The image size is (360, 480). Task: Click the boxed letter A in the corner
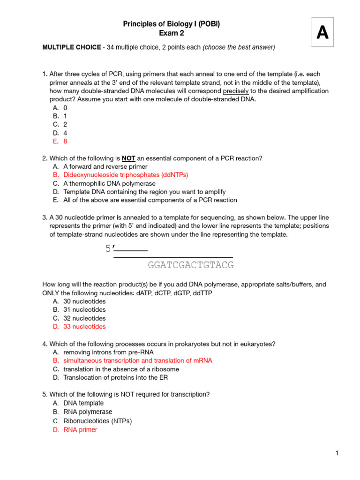coord(322,32)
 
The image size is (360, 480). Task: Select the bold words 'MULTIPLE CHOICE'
coord(71,47)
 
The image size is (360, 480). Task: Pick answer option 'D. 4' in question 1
coord(60,133)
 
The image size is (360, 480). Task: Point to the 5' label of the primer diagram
coord(110,249)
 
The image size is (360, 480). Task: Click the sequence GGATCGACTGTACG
coord(190,266)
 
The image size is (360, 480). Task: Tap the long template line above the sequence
coord(173,257)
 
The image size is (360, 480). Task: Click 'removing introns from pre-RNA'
coord(108,352)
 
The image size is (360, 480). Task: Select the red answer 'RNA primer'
coord(80,429)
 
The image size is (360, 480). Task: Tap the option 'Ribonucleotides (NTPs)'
coord(97,421)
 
